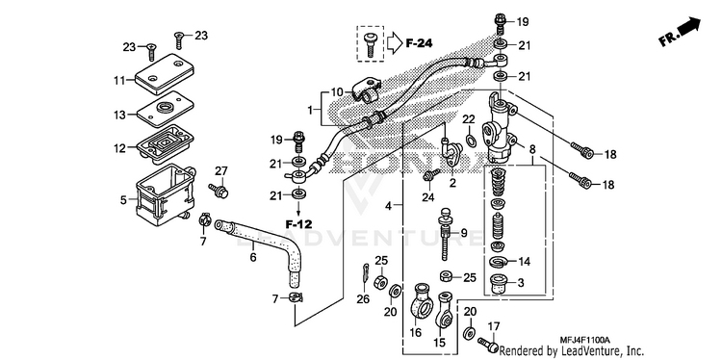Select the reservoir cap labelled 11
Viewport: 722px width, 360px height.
tap(165, 74)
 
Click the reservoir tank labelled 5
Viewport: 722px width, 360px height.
tap(165, 195)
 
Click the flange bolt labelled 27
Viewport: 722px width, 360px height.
tap(219, 191)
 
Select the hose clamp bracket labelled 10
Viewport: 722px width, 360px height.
tap(367, 90)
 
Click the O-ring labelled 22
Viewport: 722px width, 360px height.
tap(471, 140)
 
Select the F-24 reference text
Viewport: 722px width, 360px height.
tap(419, 43)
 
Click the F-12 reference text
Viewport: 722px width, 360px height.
tap(298, 224)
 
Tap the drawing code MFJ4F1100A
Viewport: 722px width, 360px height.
tap(584, 340)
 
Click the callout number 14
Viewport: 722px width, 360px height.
tap(525, 262)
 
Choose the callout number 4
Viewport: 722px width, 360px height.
tap(389, 206)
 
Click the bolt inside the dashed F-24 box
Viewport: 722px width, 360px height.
tap(371, 44)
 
